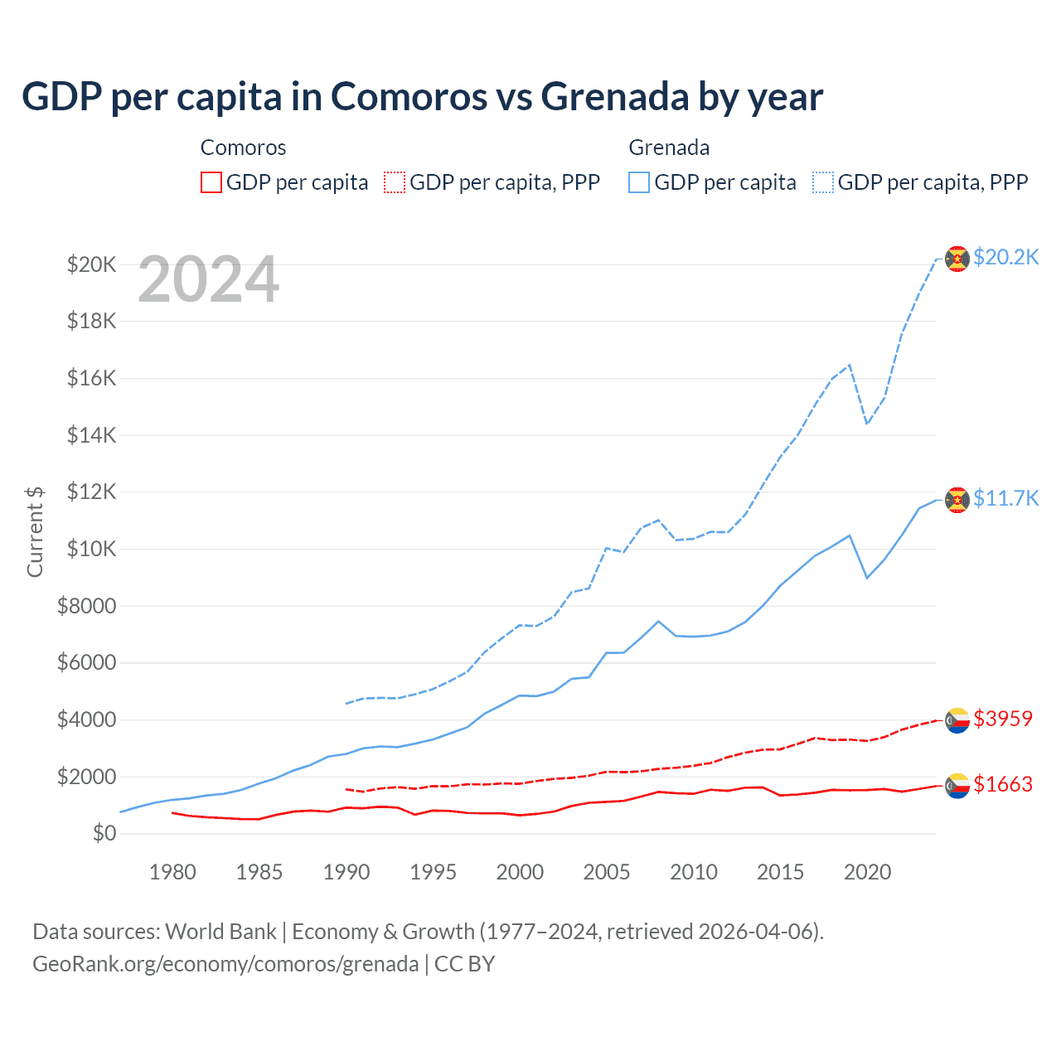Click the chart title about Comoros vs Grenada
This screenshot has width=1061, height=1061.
click(x=422, y=96)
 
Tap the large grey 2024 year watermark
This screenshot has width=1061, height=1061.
click(x=208, y=279)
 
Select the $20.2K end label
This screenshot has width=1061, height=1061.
click(x=1005, y=257)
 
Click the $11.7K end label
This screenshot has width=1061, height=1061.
click(x=1005, y=498)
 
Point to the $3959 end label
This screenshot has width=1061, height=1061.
click(x=1003, y=719)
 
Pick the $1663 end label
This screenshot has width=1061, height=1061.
click(x=1003, y=784)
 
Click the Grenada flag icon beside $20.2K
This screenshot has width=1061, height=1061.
click(x=957, y=259)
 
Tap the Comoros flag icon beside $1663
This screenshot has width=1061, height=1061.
click(x=957, y=786)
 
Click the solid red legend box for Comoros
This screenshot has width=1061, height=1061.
click(x=211, y=182)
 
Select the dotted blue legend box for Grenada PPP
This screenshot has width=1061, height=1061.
click(x=823, y=182)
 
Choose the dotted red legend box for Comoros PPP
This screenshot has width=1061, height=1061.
click(x=395, y=182)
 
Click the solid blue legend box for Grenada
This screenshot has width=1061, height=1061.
click(x=639, y=182)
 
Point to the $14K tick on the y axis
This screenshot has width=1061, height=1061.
click(x=91, y=435)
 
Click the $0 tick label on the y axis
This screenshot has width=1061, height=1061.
click(x=104, y=833)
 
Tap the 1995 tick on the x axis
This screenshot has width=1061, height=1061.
click(x=433, y=872)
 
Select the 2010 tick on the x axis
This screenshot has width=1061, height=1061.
click(x=694, y=872)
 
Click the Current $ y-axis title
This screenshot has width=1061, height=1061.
click(x=35, y=531)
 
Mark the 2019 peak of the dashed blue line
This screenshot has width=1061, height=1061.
click(x=850, y=365)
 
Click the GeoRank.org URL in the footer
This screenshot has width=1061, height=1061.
click(x=225, y=964)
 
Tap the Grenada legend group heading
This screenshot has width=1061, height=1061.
click(x=669, y=148)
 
